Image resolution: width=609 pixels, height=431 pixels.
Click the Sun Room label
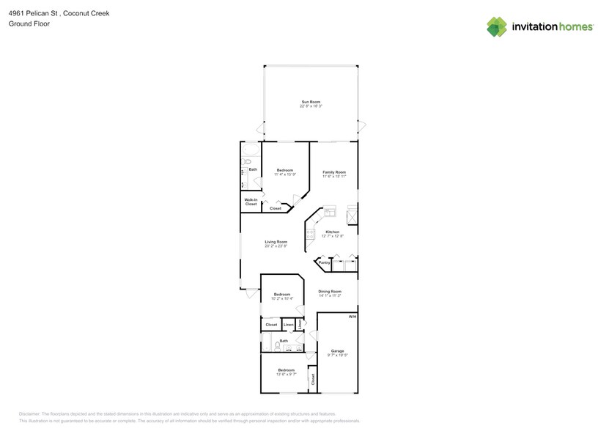tap(311, 102)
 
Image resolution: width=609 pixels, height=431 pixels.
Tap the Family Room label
tap(334, 172)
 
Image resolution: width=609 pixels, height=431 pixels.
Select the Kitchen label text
tap(333, 232)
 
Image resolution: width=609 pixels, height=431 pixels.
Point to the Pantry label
tap(323, 262)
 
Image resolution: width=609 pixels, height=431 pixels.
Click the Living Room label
tap(276, 242)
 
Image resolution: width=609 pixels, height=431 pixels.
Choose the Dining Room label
tap(330, 291)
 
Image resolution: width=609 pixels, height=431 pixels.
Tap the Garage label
tap(337, 351)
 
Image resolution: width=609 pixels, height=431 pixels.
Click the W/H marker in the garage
tap(352, 317)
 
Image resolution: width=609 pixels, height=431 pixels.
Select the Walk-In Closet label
tap(251, 202)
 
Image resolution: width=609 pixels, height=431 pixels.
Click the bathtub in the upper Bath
tap(248, 161)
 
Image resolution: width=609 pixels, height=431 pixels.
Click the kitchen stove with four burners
tap(310, 235)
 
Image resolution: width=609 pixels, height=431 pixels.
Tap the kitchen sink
tap(330, 213)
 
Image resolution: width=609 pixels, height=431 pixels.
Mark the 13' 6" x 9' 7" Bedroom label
tap(286, 370)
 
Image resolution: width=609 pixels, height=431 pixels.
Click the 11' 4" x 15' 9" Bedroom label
tap(284, 170)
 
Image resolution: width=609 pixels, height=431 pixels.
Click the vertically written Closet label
tap(312, 379)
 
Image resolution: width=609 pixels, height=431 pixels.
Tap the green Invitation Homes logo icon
tap(496, 26)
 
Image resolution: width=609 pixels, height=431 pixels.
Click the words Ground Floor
tap(25, 24)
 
